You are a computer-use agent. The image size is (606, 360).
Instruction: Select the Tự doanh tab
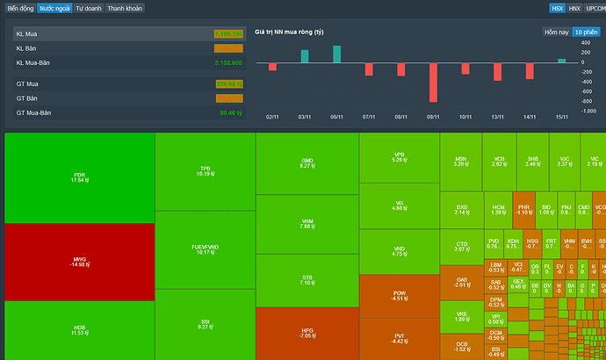tap(87, 8)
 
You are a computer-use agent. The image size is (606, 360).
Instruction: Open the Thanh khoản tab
tap(126, 8)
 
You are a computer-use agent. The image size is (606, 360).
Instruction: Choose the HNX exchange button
tap(574, 8)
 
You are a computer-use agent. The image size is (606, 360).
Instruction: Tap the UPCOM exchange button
tap(595, 8)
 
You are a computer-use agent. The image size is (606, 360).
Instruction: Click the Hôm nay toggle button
tap(556, 32)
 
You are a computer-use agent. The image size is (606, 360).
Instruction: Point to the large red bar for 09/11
tap(433, 83)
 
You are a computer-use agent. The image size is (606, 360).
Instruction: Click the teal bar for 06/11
tap(336, 54)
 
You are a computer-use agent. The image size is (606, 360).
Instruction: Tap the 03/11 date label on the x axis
tap(304, 116)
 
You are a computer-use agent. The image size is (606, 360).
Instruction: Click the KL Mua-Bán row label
tap(33, 63)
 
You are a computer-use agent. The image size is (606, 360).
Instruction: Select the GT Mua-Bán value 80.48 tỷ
tap(229, 112)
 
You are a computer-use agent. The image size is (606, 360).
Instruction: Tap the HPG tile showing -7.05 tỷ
tap(307, 333)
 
